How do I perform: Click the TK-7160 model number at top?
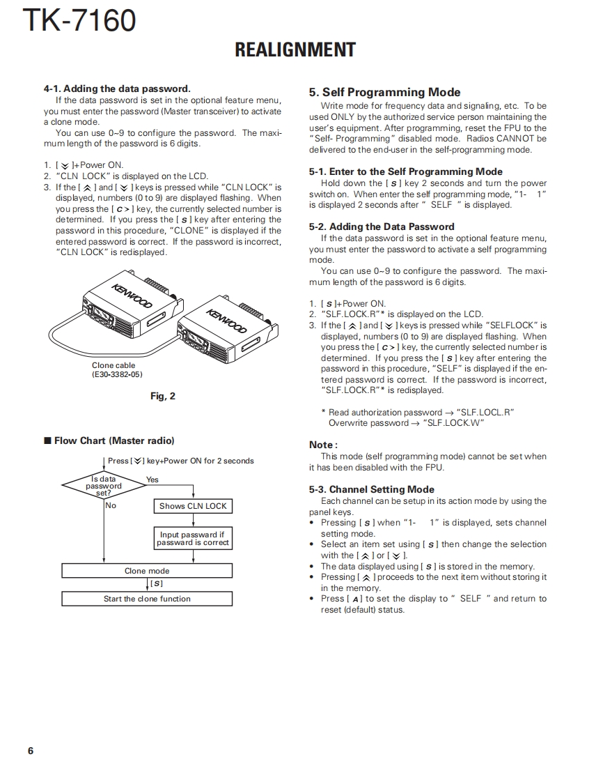click(79, 21)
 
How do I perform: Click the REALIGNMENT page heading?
click(295, 49)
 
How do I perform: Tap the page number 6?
click(31, 751)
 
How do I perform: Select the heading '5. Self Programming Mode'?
click(384, 92)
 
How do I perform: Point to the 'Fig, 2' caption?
click(163, 396)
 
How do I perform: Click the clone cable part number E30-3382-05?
click(117, 374)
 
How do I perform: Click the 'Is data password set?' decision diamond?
click(104, 486)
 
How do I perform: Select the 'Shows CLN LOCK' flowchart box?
click(192, 506)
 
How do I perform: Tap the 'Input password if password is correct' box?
click(192, 538)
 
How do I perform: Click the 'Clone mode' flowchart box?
click(147, 571)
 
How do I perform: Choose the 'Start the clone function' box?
click(147, 599)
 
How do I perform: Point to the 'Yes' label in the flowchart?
click(152, 480)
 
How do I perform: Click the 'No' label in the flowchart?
click(111, 505)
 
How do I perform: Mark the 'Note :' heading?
click(323, 445)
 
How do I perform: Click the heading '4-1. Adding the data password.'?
click(116, 89)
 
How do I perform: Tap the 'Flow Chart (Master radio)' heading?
click(113, 440)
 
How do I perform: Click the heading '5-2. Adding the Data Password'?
click(382, 227)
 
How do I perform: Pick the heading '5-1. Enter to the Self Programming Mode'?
click(405, 171)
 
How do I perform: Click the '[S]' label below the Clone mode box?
click(157, 583)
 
